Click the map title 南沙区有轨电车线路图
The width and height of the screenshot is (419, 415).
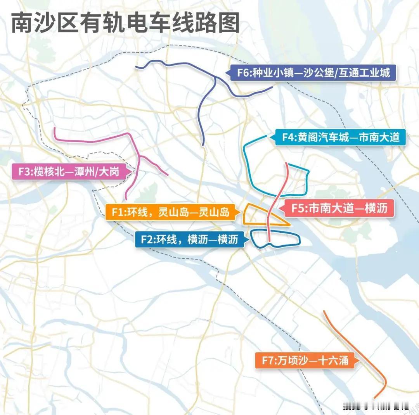(x=125, y=23)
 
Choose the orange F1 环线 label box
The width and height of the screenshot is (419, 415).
(x=170, y=213)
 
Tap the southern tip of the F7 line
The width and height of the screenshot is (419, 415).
(x=375, y=397)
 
